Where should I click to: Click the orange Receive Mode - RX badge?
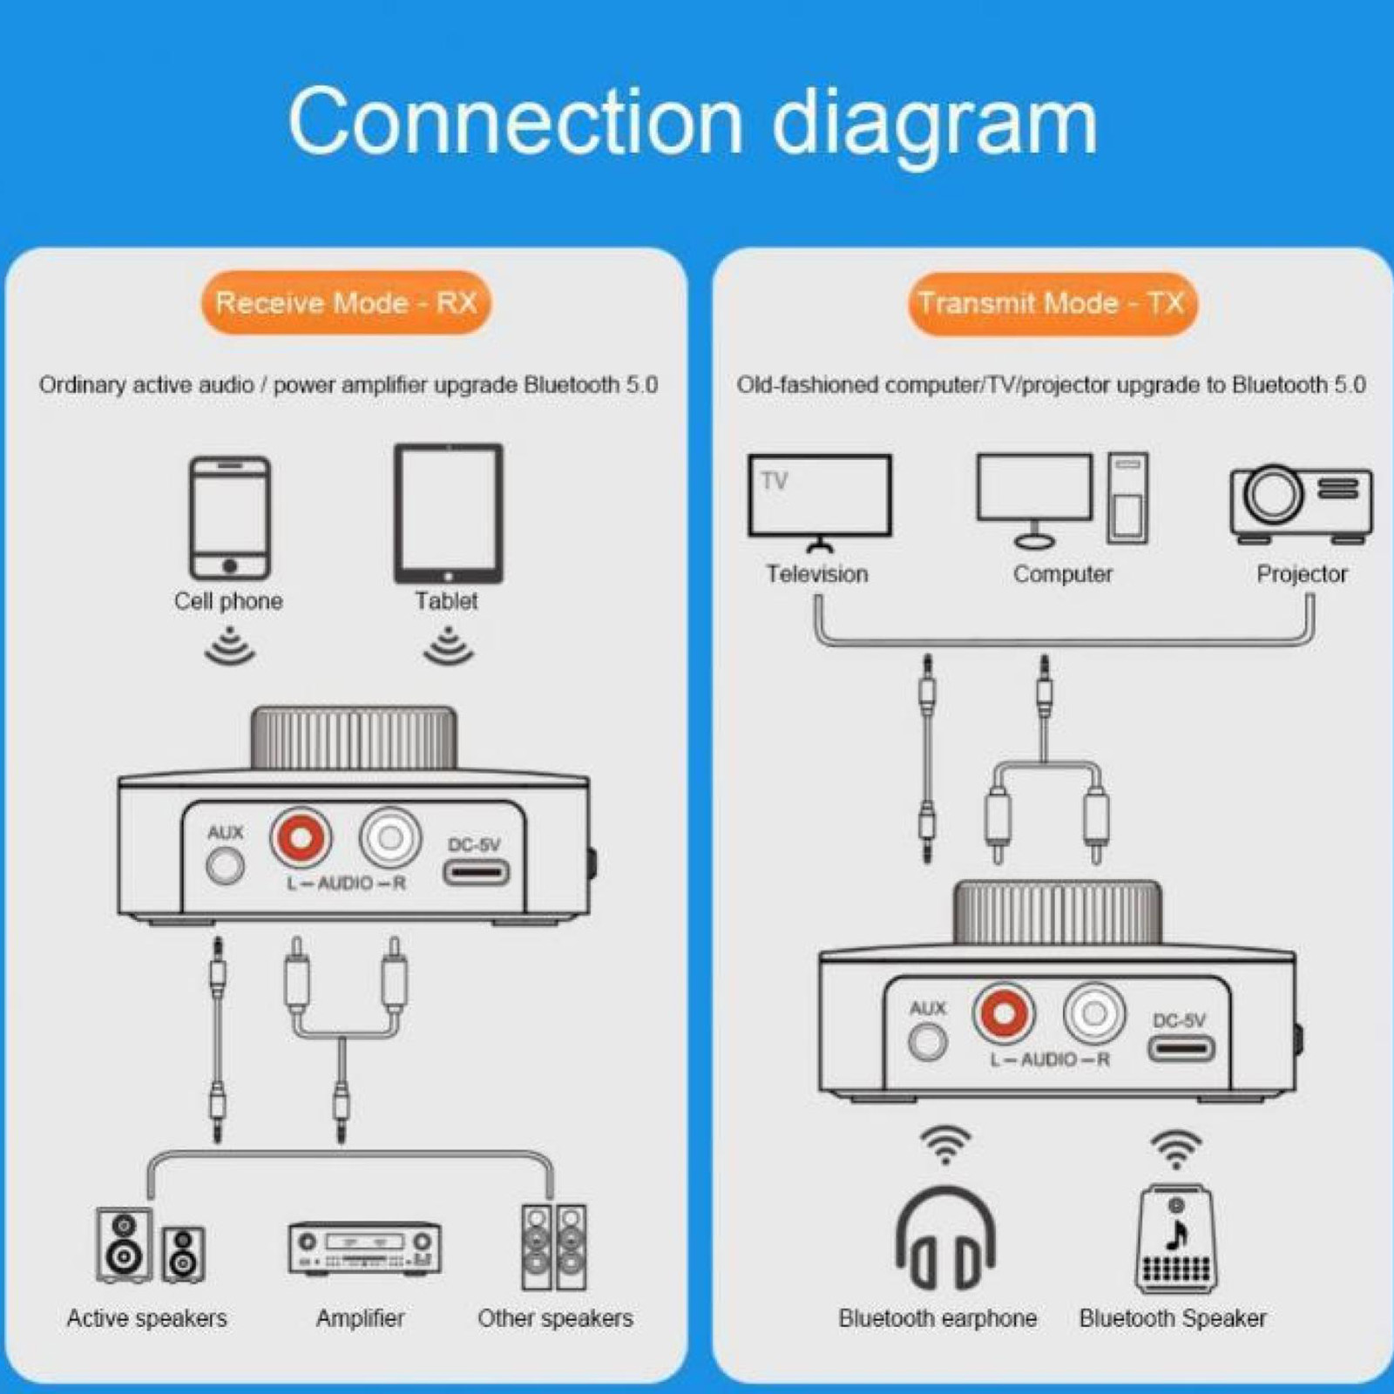(x=346, y=303)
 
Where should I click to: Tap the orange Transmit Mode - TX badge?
(x=1052, y=303)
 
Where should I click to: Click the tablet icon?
(x=448, y=514)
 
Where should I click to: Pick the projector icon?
(x=1301, y=503)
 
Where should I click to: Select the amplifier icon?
(x=364, y=1248)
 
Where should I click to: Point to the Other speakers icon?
(x=554, y=1247)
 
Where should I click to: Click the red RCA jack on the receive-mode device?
(x=301, y=837)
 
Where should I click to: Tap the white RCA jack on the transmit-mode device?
(x=1094, y=1013)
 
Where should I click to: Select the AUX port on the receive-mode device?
(x=225, y=866)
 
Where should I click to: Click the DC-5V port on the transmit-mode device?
(x=1181, y=1047)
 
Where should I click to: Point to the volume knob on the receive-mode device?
(x=354, y=739)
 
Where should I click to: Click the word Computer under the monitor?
(x=1062, y=574)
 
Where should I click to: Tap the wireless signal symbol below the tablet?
(x=448, y=647)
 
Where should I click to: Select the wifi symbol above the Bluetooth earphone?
(x=945, y=1144)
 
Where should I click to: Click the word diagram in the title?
(x=934, y=122)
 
